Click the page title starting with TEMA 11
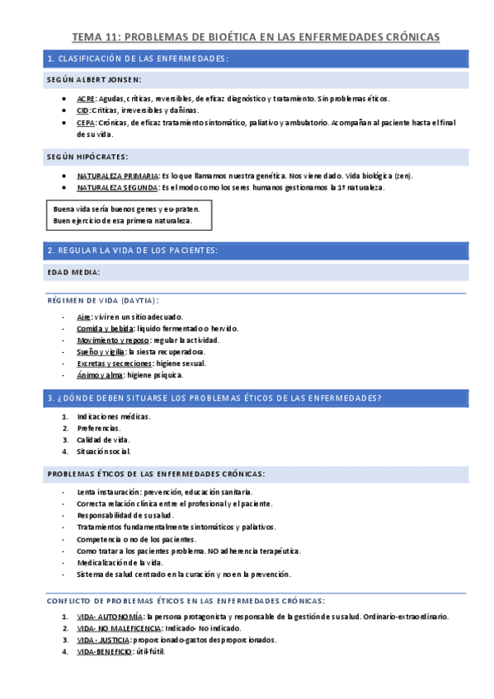tap(256, 37)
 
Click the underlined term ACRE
tap(86, 99)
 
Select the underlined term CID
tap(83, 110)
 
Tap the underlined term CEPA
tap(86, 122)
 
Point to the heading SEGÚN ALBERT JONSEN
tap(94, 80)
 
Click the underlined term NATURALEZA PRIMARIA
tap(118, 176)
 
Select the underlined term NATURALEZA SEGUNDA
tap(117, 188)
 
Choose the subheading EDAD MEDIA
tap(74, 272)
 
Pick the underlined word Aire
tap(83, 317)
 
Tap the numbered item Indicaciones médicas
tap(114, 416)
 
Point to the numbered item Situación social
tap(104, 451)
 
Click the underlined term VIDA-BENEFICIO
tap(104, 651)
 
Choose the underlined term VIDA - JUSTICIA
tap(101, 640)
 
